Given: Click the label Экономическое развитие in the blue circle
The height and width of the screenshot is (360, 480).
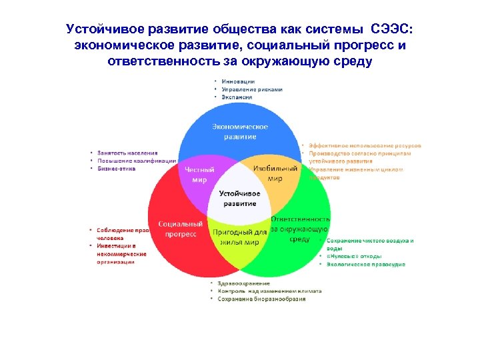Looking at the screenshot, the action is point(240,131).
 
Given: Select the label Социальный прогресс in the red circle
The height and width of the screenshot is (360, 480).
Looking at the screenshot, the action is point(179,229).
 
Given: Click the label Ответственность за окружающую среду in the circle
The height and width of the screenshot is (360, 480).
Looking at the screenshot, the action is point(300,228).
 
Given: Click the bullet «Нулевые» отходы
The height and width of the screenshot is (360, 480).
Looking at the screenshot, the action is point(354,256).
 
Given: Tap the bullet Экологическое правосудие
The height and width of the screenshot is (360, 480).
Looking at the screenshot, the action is point(366,264).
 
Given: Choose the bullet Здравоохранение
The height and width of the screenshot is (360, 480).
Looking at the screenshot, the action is point(246,283).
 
